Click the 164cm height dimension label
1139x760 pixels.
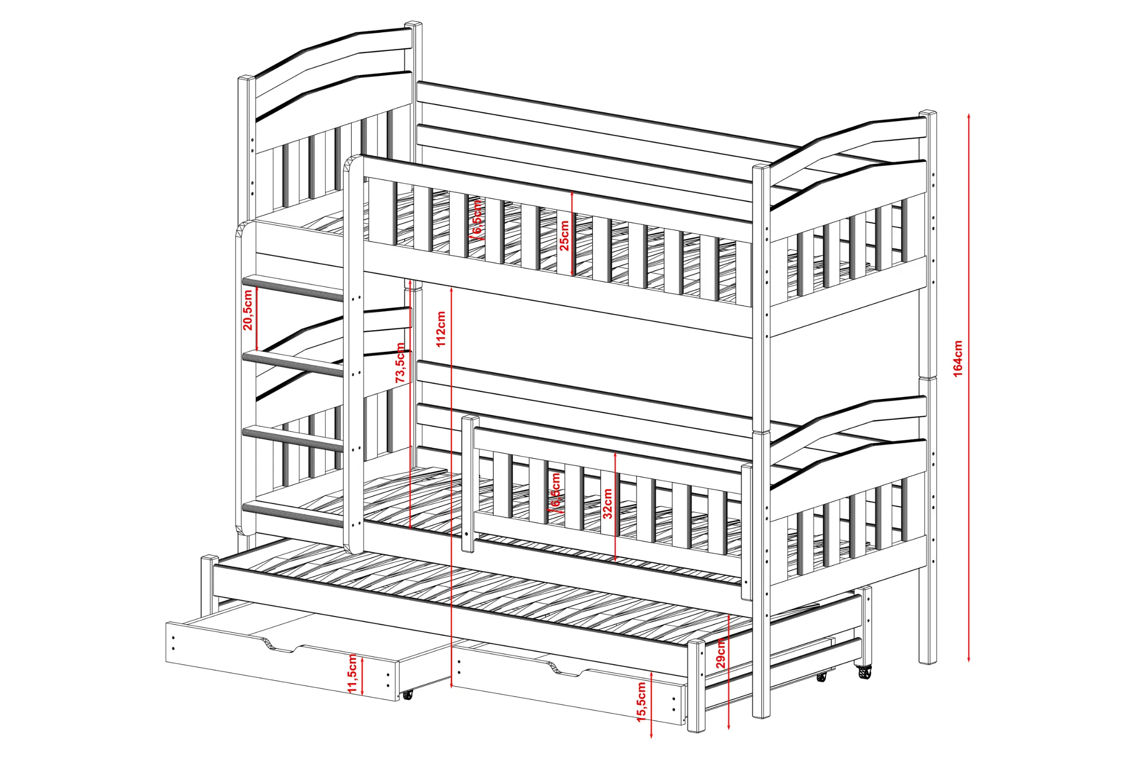tap(958, 359)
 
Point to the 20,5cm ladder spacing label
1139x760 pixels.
tap(248, 310)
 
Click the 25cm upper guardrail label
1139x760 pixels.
tap(564, 236)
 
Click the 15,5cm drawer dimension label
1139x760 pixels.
tap(642, 702)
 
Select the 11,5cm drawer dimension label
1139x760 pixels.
tap(353, 673)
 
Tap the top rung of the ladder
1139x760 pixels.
tap(293, 287)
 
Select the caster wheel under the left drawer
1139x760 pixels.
tap(407, 695)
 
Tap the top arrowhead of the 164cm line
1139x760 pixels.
tap(969, 116)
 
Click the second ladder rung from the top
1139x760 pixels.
tap(293, 363)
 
